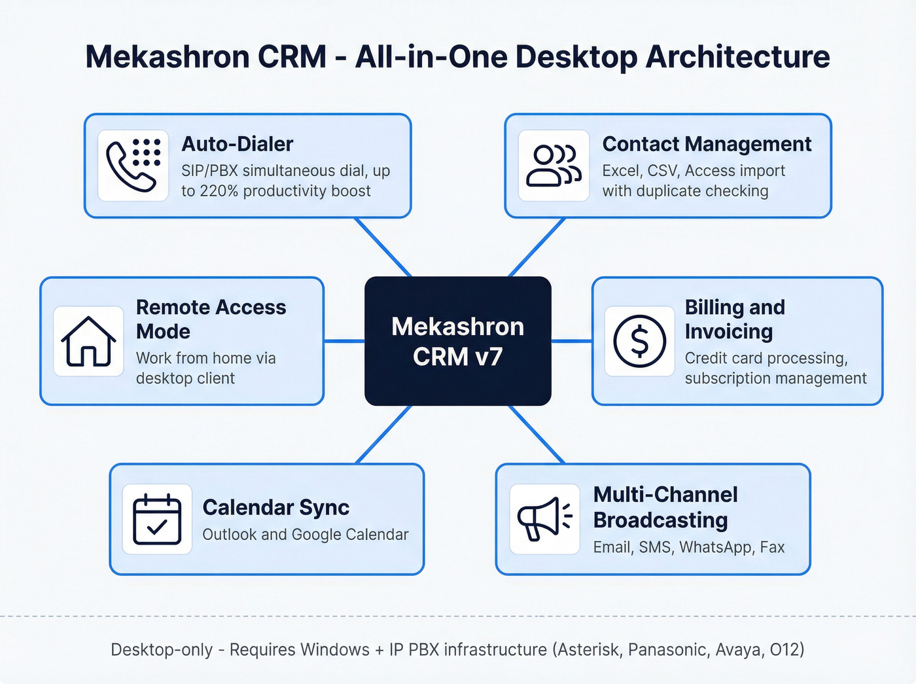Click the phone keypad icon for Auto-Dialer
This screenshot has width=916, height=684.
[133, 166]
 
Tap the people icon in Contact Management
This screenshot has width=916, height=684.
[554, 166]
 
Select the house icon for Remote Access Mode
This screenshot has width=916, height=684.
[88, 341]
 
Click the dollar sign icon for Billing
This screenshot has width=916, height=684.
[639, 341]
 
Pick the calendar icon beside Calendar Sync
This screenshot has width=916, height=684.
[157, 520]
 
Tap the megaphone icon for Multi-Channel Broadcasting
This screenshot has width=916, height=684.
[544, 519]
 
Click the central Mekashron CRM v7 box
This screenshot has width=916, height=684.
[457, 341]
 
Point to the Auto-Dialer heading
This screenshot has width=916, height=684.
[237, 144]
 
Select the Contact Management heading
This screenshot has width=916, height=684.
[707, 144]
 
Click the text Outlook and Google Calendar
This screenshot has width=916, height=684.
[305, 535]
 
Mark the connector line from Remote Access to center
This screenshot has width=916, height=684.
[344, 341]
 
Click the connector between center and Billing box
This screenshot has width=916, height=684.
[571, 341]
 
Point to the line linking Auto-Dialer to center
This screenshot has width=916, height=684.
[383, 247]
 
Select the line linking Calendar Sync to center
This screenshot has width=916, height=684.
[384, 435]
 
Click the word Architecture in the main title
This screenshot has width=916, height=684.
[737, 57]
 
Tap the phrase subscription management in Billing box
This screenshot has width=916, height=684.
[775, 378]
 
